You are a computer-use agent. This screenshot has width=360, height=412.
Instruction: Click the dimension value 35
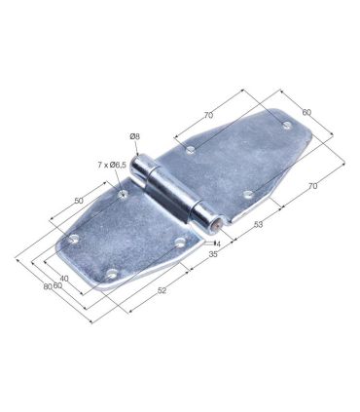point(213,253)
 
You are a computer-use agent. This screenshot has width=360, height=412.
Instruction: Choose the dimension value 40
point(64,278)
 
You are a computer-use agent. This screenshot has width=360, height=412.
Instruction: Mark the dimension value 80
point(47,287)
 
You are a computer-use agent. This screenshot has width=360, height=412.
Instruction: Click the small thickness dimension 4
point(219,243)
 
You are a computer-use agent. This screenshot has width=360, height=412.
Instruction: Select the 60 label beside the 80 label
point(57,285)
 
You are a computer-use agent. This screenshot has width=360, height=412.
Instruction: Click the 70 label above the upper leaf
point(208,115)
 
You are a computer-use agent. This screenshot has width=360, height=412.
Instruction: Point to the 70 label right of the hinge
point(313,185)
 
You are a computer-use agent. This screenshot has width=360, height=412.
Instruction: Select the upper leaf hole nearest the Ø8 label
point(190,151)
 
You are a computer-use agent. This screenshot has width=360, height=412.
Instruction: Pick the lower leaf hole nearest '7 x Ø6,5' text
point(123,195)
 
